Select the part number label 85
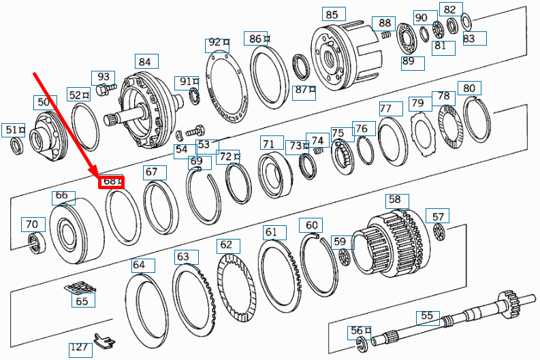pyautogui.click(x=332, y=14)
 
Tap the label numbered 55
pyautogui.click(x=427, y=316)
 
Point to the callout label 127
pyautogui.click(x=80, y=348)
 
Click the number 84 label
pyautogui.click(x=144, y=62)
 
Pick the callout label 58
pyautogui.click(x=394, y=200)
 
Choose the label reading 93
pyautogui.click(x=104, y=77)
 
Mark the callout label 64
pyautogui.click(x=139, y=265)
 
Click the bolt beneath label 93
pyautogui.click(x=104, y=91)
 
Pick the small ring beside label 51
pyautogui.click(x=16, y=145)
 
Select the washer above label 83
pyautogui.click(x=466, y=22)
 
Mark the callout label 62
pyautogui.click(x=225, y=245)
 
